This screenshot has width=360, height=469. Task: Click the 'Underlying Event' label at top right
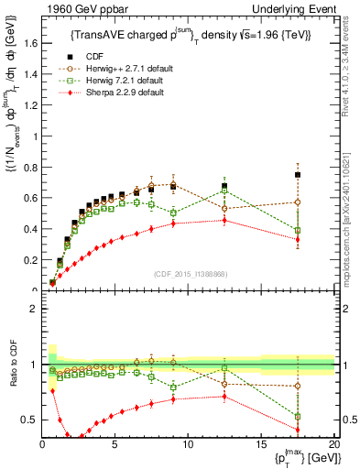point(296,9)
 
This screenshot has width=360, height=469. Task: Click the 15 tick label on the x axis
point(261,446)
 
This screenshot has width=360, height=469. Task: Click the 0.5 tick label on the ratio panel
point(27,420)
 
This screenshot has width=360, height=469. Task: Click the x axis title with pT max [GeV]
point(303,459)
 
